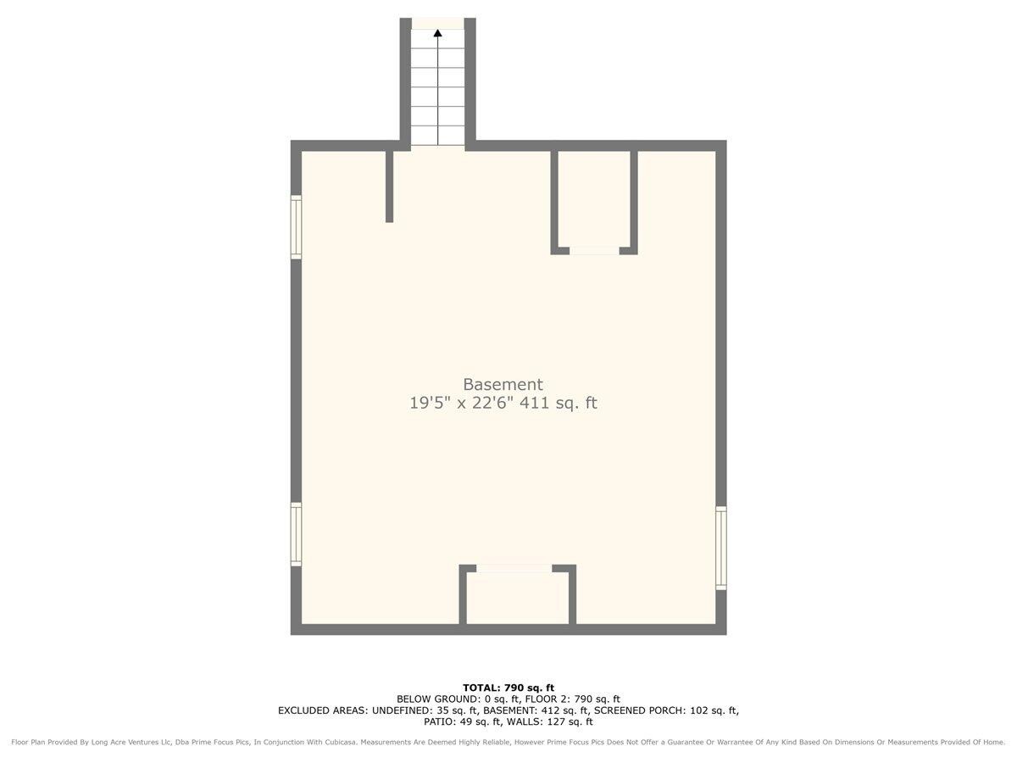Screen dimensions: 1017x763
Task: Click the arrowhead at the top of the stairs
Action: pyautogui.click(x=437, y=33)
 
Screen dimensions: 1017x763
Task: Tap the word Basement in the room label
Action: pyautogui.click(x=503, y=384)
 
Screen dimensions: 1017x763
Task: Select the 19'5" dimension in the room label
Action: pyautogui.click(x=430, y=403)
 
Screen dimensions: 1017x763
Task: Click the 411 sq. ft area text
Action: pyautogui.click(x=559, y=403)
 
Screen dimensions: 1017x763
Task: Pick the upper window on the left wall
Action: pyautogui.click(x=296, y=227)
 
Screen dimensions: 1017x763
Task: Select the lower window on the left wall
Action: pyautogui.click(x=296, y=534)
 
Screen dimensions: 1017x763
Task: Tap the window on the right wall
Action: pyautogui.click(x=721, y=548)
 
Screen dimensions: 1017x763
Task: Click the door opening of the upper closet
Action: pyautogui.click(x=594, y=251)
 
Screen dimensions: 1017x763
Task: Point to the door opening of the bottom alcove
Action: pyautogui.click(x=514, y=568)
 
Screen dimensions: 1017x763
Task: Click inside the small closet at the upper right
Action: pyautogui.click(x=594, y=199)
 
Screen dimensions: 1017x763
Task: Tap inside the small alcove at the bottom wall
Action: pyautogui.click(x=518, y=598)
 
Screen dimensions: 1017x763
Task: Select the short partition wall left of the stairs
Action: pyautogui.click(x=389, y=187)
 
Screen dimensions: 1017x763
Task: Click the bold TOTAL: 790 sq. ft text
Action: pyautogui.click(x=508, y=688)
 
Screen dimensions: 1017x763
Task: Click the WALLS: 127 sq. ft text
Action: pyautogui.click(x=549, y=721)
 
